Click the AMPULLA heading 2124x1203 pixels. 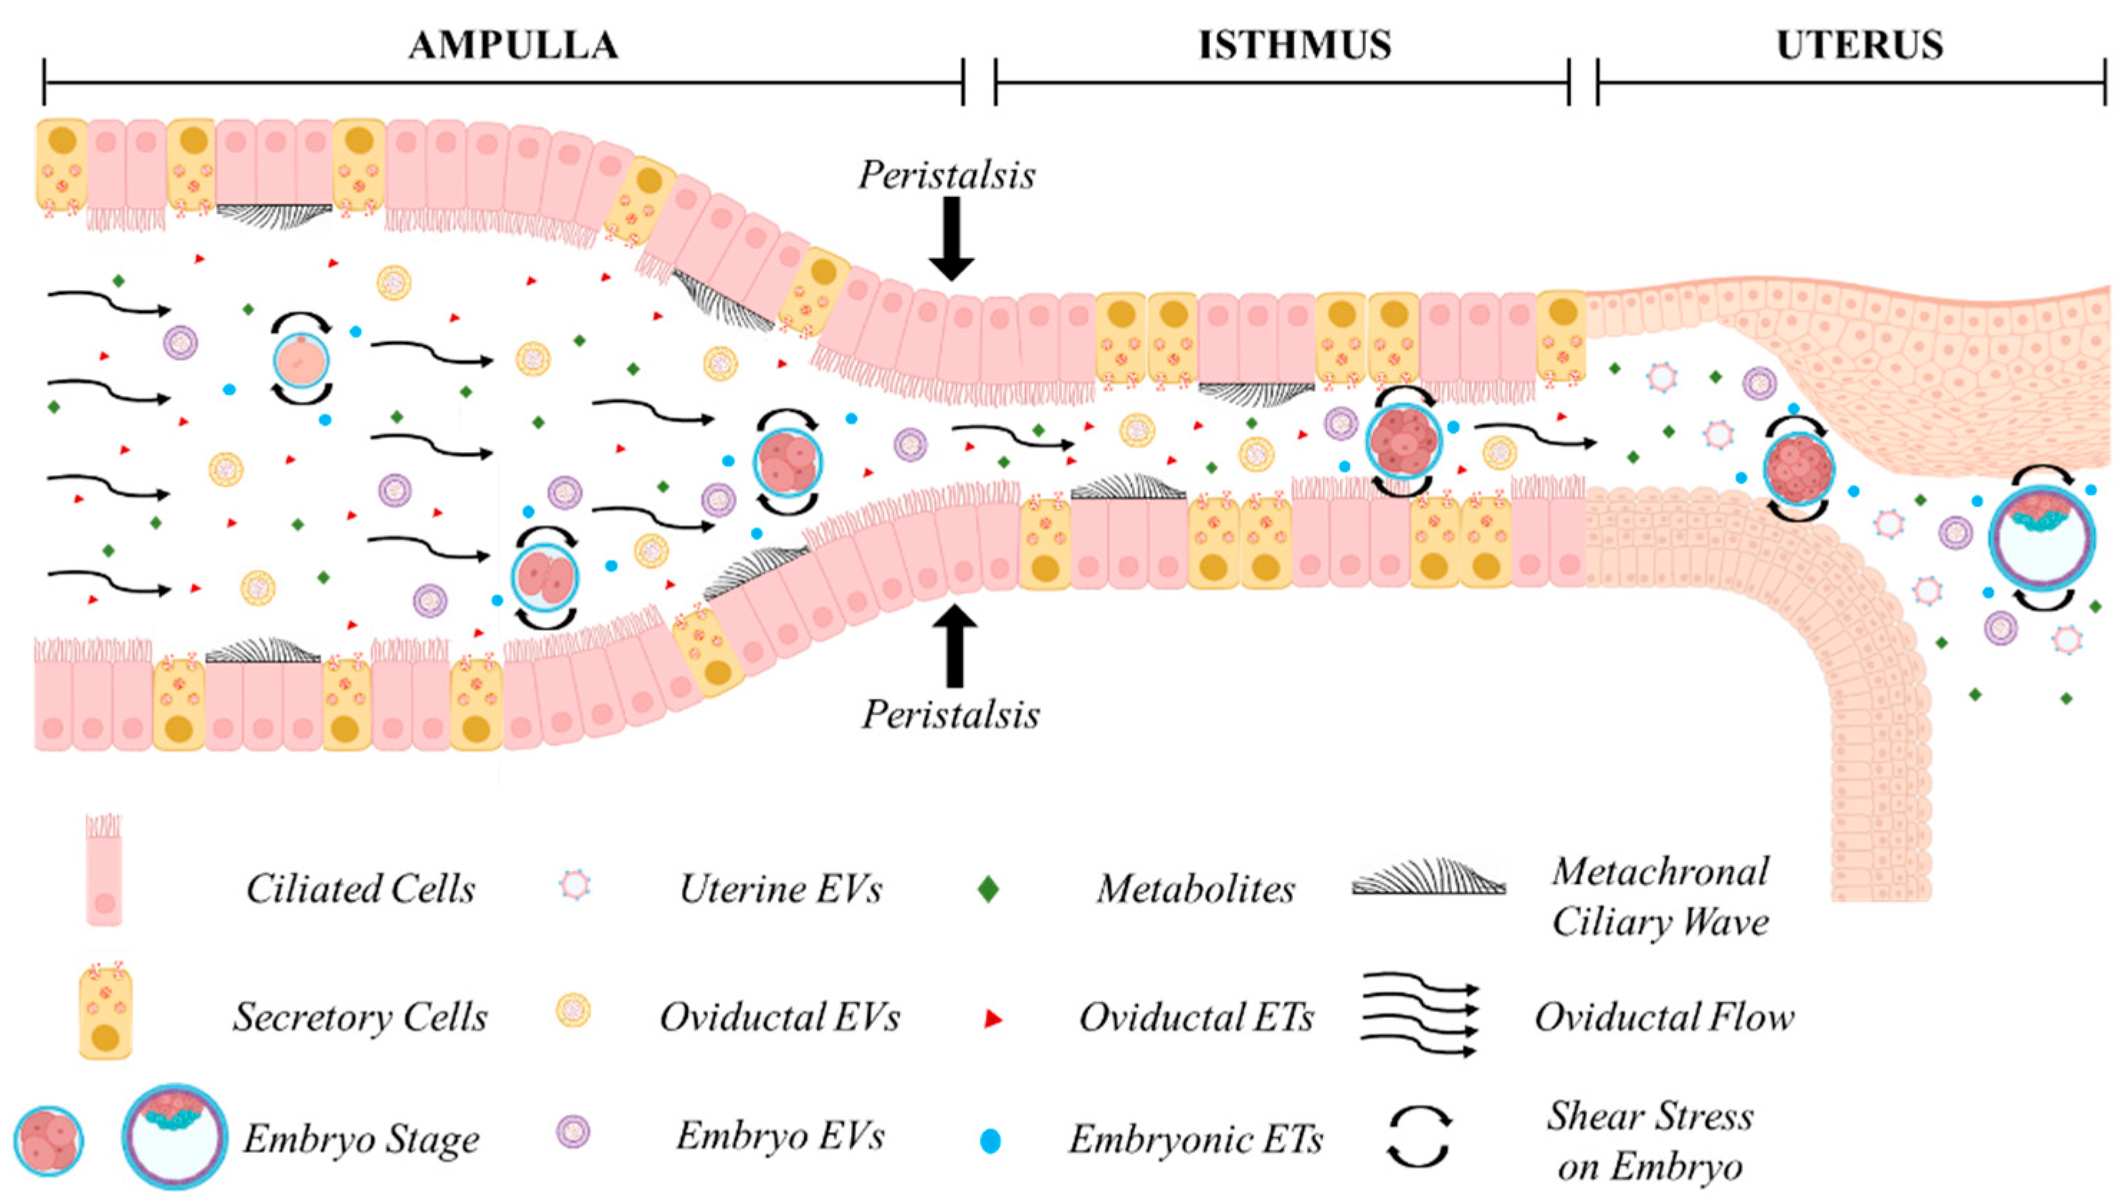[x=513, y=45]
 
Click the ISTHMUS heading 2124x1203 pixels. [x=1295, y=45]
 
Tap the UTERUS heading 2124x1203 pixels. [x=1860, y=45]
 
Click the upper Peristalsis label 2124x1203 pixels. [x=946, y=175]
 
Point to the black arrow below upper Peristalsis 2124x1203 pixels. [x=952, y=239]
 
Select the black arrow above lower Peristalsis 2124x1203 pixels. [x=955, y=646]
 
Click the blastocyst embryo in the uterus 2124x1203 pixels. [x=2042, y=537]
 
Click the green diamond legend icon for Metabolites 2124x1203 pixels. [x=988, y=889]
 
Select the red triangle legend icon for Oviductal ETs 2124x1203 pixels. [x=992, y=1020]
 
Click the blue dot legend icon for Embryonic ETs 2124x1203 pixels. [x=990, y=1142]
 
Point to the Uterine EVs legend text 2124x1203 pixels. [x=780, y=889]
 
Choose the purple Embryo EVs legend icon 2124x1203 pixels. [x=573, y=1132]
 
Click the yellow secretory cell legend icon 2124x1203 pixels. [x=106, y=1014]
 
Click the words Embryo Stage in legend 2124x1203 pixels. [x=361, y=1140]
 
